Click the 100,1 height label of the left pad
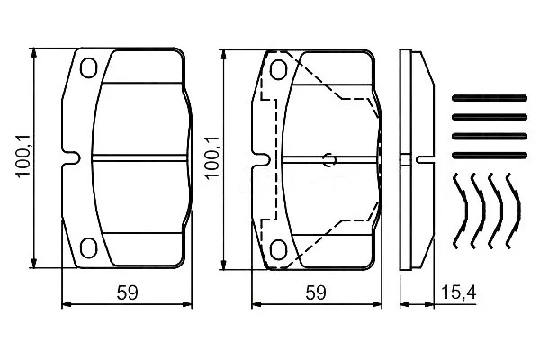click(x=23, y=156)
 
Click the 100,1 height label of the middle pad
click(x=211, y=157)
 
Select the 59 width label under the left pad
click(x=127, y=292)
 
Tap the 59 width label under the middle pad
click(x=316, y=292)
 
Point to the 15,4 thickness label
click(x=458, y=292)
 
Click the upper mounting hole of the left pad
click(x=88, y=67)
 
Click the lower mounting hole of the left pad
click(x=88, y=247)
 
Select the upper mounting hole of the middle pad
click(x=278, y=69)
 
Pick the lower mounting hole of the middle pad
click(x=278, y=250)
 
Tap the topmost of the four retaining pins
click(x=490, y=98)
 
